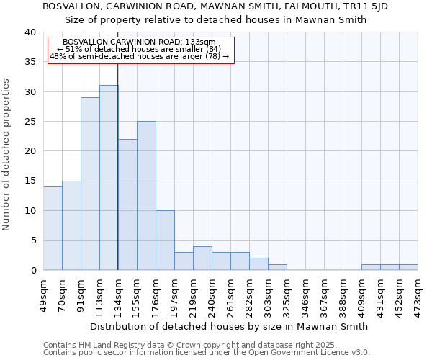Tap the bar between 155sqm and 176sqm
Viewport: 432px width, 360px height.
click(x=146, y=196)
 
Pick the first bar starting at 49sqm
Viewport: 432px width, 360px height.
click(x=53, y=228)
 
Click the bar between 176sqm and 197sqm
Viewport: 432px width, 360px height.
click(x=165, y=240)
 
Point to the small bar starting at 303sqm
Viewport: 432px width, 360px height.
click(x=277, y=267)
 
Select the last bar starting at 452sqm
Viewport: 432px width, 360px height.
click(x=408, y=267)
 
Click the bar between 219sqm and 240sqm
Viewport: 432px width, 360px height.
click(x=202, y=258)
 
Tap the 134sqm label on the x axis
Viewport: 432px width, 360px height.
click(x=118, y=296)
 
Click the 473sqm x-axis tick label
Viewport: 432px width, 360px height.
click(x=418, y=296)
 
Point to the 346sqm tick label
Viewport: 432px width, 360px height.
click(x=305, y=296)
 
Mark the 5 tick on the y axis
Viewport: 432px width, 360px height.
click(x=32, y=240)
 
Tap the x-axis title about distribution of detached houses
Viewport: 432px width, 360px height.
click(x=230, y=326)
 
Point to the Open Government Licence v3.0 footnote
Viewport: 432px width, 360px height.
click(x=206, y=352)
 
